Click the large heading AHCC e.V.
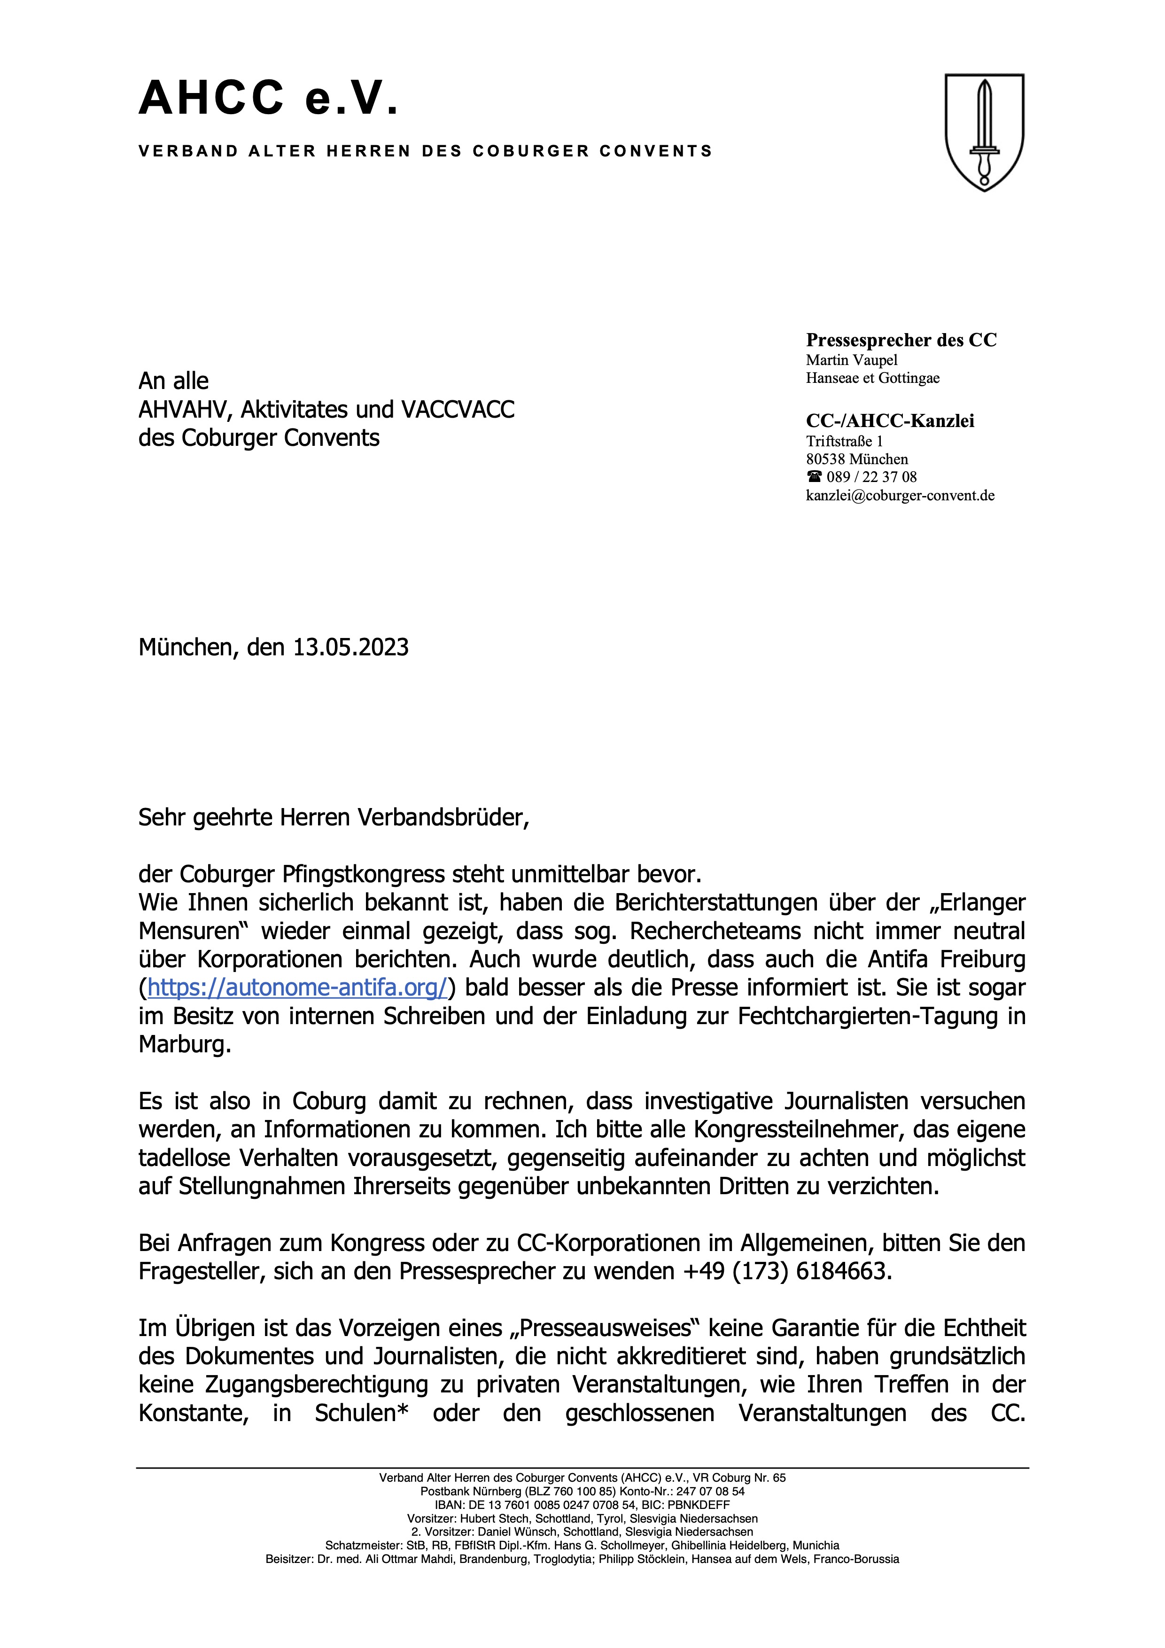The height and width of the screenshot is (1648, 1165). tap(268, 98)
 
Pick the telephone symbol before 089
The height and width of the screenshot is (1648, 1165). tap(814, 477)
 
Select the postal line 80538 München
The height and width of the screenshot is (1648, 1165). tap(857, 459)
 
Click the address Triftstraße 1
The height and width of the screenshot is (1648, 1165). tap(844, 442)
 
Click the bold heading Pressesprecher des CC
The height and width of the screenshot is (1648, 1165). tap(901, 340)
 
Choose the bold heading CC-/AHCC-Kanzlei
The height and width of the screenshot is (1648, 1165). tap(890, 421)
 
